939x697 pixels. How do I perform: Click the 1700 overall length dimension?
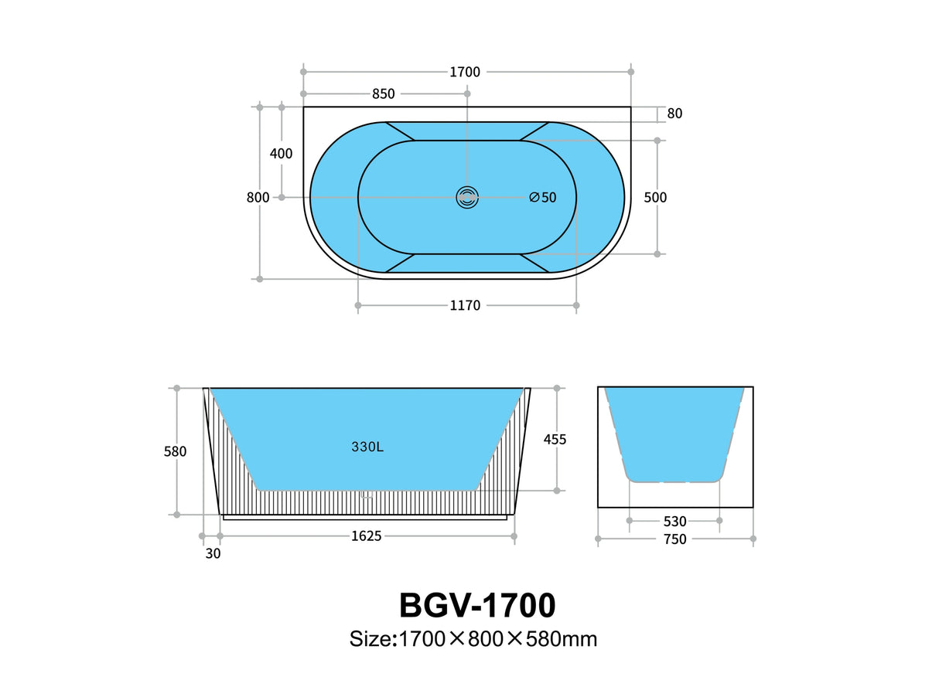point(465,72)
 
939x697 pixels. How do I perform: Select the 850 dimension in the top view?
point(383,94)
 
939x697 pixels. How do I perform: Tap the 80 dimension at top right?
point(674,114)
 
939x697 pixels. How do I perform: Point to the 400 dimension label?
point(281,154)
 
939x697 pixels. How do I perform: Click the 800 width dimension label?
point(258,197)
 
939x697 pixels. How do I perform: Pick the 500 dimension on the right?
point(655,197)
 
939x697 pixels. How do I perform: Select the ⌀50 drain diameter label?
point(543,197)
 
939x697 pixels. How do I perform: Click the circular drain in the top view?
point(467,197)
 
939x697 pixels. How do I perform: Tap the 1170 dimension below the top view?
point(465,306)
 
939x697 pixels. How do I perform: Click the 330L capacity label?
point(367,447)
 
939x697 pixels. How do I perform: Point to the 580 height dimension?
point(175,451)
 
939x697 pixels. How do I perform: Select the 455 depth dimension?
point(555,440)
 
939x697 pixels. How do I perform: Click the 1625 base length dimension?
point(367,535)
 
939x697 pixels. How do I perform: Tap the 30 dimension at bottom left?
point(213,553)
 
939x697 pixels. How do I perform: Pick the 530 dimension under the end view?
point(674,522)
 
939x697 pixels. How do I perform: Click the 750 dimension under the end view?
point(674,539)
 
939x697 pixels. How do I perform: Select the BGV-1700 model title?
point(477,605)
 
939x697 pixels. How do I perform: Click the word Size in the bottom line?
point(370,639)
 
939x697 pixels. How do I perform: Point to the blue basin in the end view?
point(674,433)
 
